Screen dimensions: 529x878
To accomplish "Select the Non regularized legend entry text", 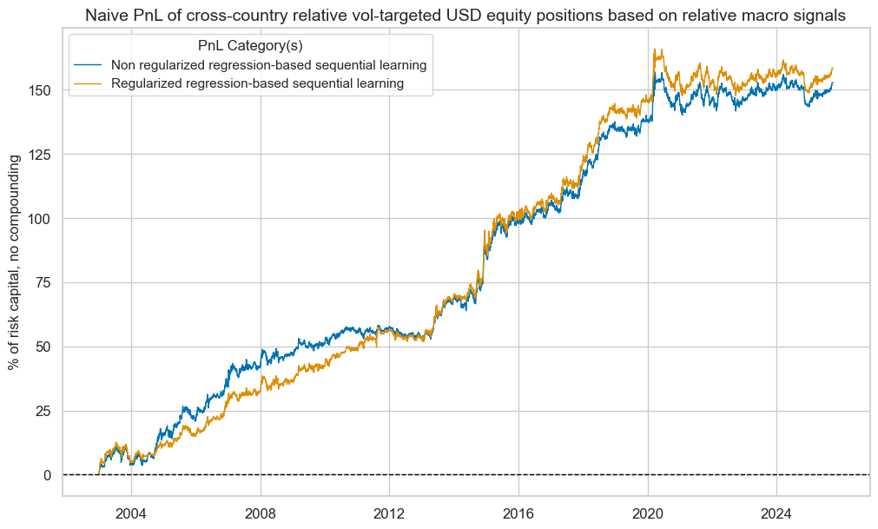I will coord(268,65).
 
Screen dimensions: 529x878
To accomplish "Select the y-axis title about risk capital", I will coord(14,261).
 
